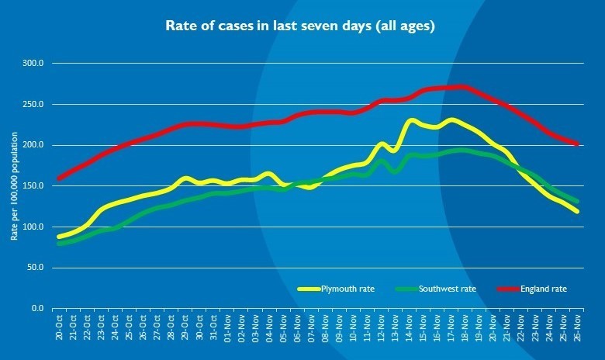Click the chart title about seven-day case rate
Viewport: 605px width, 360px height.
301,26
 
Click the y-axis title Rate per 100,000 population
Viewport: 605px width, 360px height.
13,186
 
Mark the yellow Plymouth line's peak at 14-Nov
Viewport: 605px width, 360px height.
411,121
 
